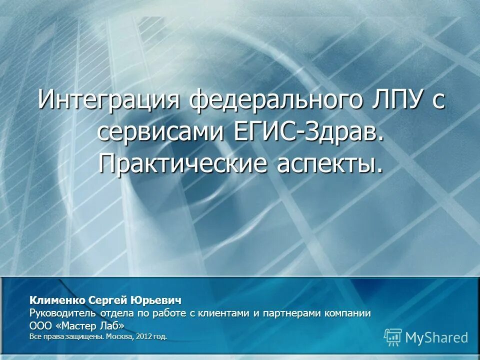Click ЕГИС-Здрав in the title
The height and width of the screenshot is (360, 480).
coord(309,131)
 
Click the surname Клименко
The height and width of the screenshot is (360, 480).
coord(57,300)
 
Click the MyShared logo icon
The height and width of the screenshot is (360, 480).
coord(393,337)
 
